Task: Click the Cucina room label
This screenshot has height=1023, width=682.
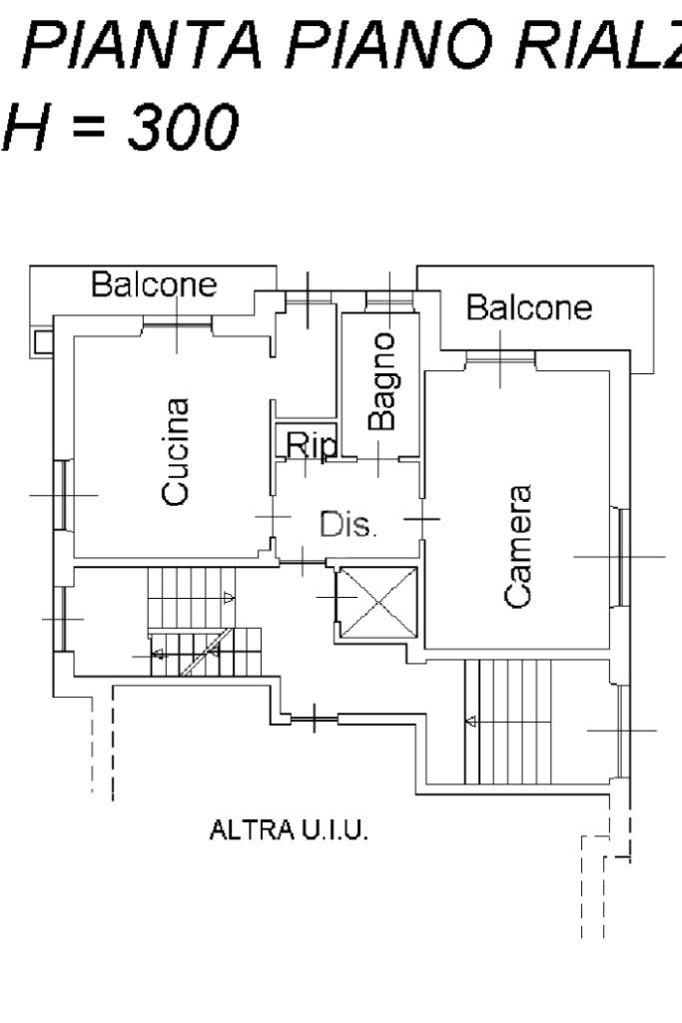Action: coord(176,452)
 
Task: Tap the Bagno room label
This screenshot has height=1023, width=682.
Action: coord(381,381)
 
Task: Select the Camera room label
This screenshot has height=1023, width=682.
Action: coord(518,547)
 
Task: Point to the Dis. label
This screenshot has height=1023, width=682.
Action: coord(348,524)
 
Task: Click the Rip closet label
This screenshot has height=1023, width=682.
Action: coord(312,445)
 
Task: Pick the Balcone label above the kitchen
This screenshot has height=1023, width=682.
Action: coord(154,284)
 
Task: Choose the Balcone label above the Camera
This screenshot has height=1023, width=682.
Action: coord(529,307)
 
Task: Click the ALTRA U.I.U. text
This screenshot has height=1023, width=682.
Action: coord(289,830)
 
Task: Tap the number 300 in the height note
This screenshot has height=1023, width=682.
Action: coord(184,126)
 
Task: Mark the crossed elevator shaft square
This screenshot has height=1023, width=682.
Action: coord(378,602)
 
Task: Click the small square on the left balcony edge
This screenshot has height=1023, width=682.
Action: coord(42,341)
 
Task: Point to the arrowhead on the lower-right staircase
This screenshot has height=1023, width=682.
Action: coord(470,722)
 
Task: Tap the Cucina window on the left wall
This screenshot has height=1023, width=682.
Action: coord(63,495)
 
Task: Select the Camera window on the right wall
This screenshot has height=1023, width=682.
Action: coord(622,557)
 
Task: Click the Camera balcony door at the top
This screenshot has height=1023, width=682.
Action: coord(500,358)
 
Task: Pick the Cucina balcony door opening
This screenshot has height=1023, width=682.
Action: coord(178,321)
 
